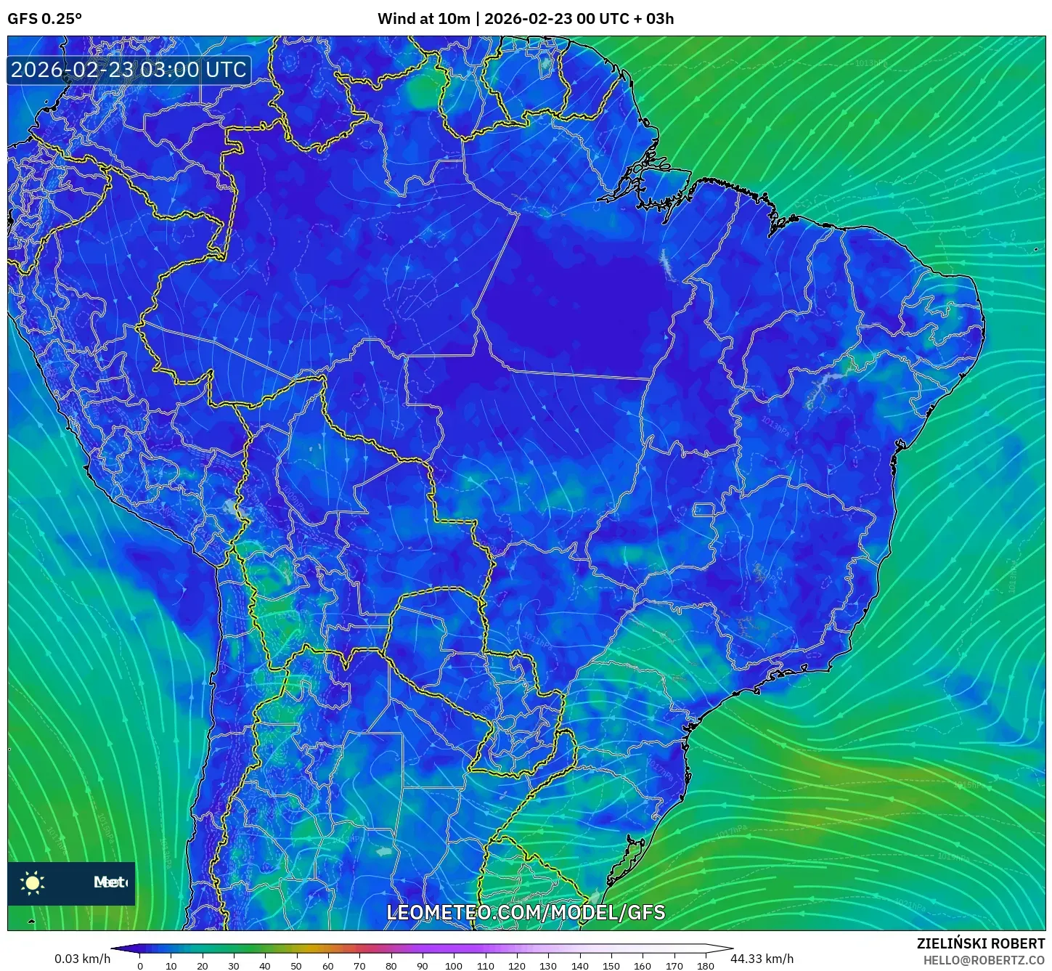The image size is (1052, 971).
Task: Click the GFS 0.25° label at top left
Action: [44, 19]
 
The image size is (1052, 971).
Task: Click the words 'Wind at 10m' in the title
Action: [424, 19]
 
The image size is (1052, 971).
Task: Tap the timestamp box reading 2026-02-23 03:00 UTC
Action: [129, 70]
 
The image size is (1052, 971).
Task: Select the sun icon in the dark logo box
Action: [33, 882]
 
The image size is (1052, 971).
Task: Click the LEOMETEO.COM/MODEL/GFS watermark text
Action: [526, 912]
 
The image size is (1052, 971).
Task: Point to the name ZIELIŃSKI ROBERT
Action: [981, 943]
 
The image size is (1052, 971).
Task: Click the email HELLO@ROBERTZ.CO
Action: [984, 960]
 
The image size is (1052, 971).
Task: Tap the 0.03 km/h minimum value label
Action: [83, 959]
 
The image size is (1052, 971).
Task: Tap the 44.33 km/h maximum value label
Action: [762, 959]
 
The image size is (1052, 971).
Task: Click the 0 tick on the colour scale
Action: [140, 966]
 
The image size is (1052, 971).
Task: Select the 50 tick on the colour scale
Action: [296, 966]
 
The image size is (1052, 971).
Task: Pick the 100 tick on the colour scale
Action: [454, 966]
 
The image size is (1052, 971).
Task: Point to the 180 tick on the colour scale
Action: [706, 966]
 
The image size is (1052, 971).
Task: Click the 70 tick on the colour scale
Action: [359, 966]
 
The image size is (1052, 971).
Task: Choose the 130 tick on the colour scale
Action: [548, 966]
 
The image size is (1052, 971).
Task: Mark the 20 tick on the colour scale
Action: [203, 966]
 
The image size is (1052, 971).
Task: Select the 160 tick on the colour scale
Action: [643, 966]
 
